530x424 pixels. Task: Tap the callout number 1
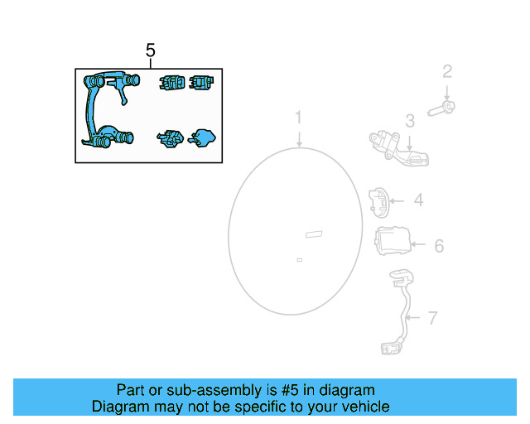click(x=300, y=118)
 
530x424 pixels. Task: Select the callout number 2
click(x=447, y=72)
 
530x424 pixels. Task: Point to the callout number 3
click(x=410, y=122)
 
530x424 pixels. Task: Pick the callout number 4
click(x=419, y=200)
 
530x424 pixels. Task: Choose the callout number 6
click(x=439, y=246)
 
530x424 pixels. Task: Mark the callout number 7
click(x=431, y=317)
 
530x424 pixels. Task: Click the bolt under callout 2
click(x=444, y=106)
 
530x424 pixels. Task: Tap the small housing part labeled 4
click(x=378, y=200)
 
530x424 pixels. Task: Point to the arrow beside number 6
click(x=417, y=245)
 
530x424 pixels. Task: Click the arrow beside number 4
click(x=398, y=200)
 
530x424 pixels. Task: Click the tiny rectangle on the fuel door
click(x=299, y=260)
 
